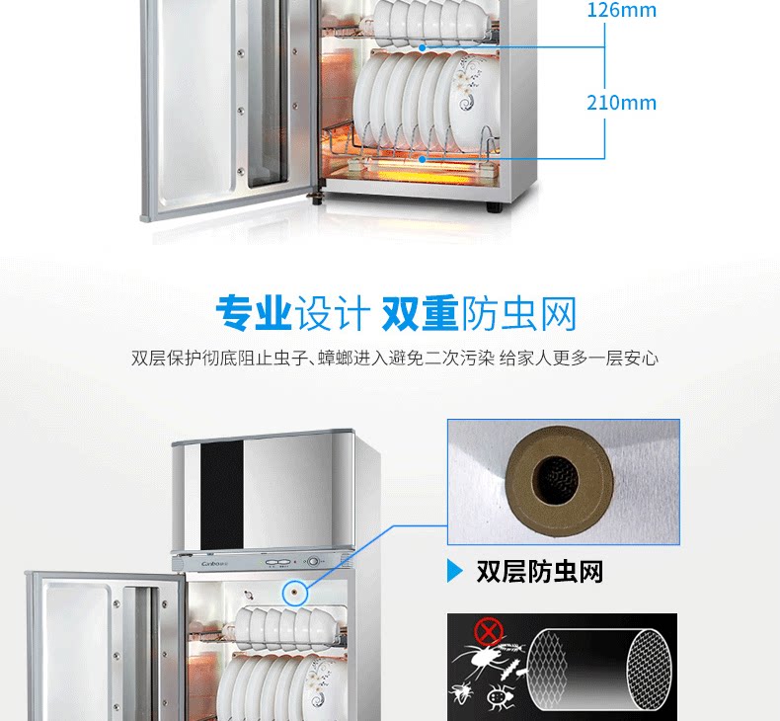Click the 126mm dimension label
coord(621,11)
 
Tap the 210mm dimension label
coord(621,102)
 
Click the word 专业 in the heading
coord(253,313)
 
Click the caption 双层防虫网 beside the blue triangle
coord(539,571)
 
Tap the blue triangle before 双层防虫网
coord(454,571)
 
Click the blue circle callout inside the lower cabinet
coord(293,593)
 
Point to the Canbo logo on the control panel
coord(201,564)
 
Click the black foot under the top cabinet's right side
coord(491,206)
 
